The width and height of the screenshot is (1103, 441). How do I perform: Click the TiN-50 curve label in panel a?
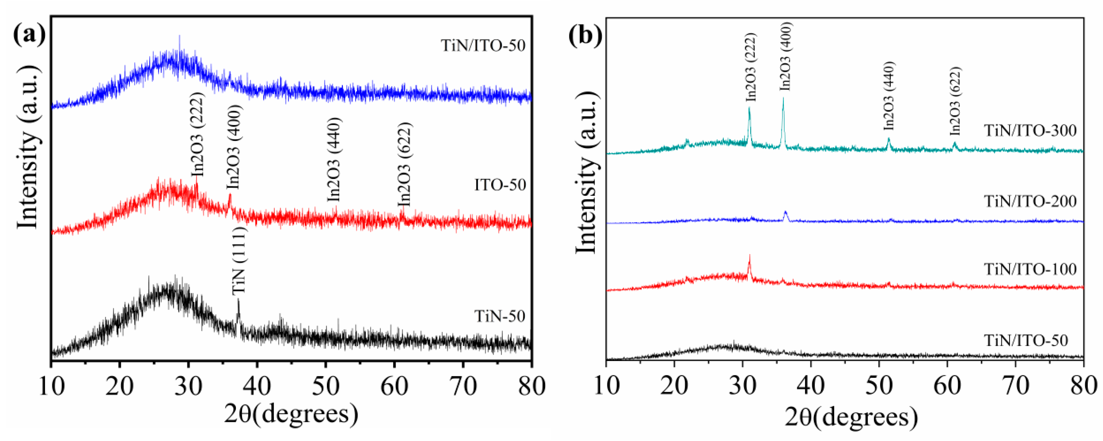(x=499, y=316)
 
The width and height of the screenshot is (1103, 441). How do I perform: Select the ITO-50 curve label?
(x=500, y=185)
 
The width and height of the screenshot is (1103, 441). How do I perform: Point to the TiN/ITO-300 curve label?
(x=1030, y=130)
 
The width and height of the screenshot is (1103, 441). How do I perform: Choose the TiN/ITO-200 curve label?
(x=1030, y=201)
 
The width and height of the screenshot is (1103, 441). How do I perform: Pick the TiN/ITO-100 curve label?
(x=1030, y=269)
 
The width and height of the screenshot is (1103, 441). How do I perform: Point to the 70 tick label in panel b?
(x=1015, y=387)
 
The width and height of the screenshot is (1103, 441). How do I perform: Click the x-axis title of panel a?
(x=291, y=414)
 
